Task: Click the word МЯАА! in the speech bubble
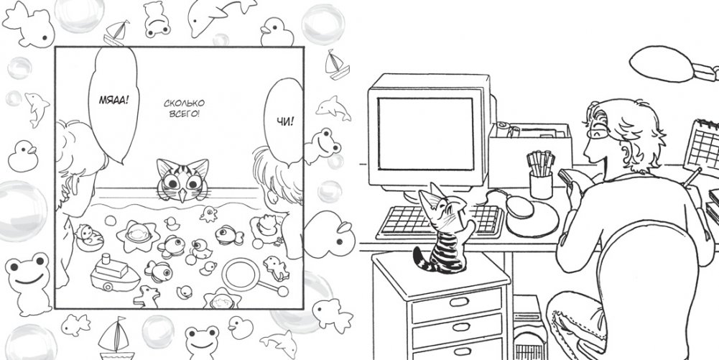pos(112,99)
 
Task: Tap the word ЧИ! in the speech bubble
pos(284,121)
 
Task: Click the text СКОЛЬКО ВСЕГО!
pos(184,109)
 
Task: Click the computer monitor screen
pos(425,134)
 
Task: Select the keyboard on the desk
pos(440,221)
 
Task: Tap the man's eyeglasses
pos(596,131)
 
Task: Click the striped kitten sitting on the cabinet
pos(442,231)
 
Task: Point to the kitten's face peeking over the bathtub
pos(182,180)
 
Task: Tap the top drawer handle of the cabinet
pos(458,302)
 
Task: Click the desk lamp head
pos(662,64)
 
